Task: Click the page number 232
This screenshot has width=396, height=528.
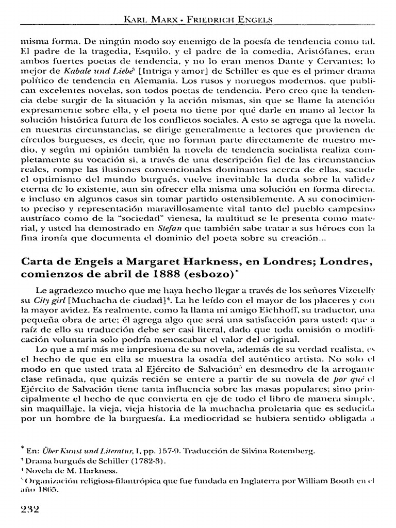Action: point(30,508)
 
